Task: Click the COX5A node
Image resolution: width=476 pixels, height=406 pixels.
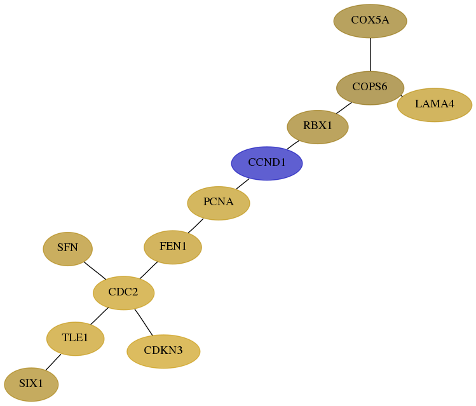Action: pos(370,21)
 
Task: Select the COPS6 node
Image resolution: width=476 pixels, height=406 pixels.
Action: pos(370,88)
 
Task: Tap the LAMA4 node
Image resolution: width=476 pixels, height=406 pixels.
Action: pos(435,105)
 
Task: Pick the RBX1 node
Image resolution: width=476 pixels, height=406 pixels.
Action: pos(318,127)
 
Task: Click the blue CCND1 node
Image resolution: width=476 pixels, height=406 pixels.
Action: pos(267,163)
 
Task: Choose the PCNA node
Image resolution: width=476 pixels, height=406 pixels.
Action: pos(219,203)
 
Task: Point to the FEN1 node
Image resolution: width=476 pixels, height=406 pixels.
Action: pos(173,247)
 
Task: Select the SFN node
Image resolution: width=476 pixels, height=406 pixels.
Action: pos(68,249)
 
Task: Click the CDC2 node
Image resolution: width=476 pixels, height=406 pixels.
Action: pos(123,293)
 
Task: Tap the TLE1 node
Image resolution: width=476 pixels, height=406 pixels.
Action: pos(75,339)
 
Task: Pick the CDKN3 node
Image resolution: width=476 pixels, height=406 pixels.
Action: pos(163,351)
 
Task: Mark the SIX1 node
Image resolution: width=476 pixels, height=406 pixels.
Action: pos(31,384)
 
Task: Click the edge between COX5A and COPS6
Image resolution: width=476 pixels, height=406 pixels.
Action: pos(370,55)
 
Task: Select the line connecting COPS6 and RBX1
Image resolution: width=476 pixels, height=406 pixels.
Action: pos(344,108)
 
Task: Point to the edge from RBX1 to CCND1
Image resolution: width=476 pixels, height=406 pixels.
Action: pos(293,145)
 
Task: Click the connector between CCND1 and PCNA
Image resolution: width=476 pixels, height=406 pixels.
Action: pos(243,184)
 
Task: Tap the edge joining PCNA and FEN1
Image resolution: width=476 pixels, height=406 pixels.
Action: pos(196,226)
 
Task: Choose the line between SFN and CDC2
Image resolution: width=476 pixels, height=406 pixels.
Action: pos(95,271)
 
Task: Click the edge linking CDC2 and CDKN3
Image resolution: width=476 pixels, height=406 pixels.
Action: pos(144,322)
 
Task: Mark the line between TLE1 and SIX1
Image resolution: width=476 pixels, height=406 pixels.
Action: pos(53,362)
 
